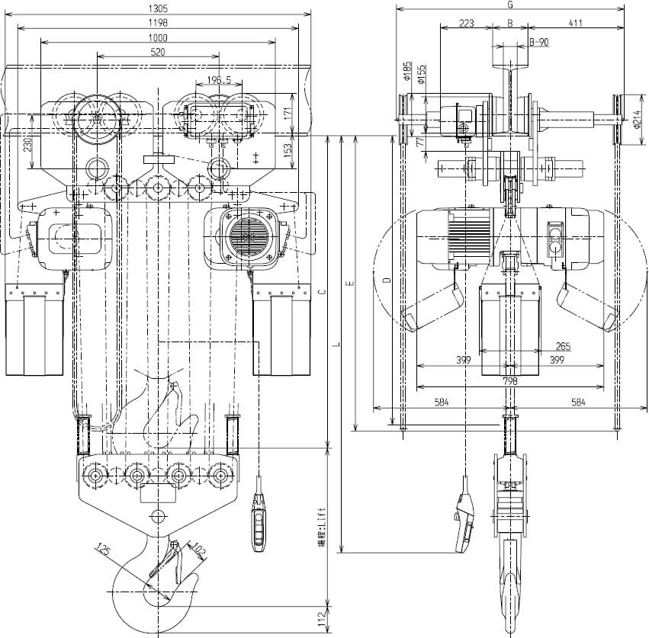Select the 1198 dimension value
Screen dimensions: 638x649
158,23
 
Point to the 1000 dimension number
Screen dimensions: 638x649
158,37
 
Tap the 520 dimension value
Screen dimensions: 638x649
158,52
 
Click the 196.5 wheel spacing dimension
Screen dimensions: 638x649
208,80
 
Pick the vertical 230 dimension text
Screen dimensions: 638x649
28,146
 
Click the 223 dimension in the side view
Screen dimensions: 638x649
467,23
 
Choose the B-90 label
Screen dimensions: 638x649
538,43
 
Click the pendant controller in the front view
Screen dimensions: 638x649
260,522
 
